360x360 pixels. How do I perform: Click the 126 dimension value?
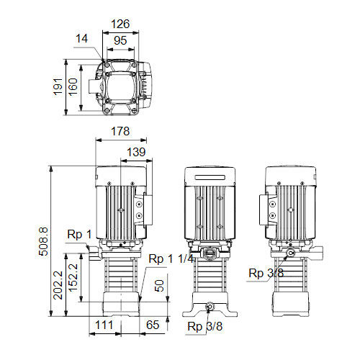click(120, 24)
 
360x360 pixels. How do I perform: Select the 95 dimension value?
click(120, 40)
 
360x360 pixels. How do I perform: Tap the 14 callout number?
click(82, 38)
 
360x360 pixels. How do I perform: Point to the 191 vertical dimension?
click(58, 86)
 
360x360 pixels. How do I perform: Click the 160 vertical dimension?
click(73, 86)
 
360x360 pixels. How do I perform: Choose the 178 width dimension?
click(120, 131)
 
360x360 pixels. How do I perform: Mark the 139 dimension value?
click(136, 152)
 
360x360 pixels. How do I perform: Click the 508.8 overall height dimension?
click(44, 241)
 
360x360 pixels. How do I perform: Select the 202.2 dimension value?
click(58, 285)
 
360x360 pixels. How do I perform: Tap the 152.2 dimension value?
click(73, 277)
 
